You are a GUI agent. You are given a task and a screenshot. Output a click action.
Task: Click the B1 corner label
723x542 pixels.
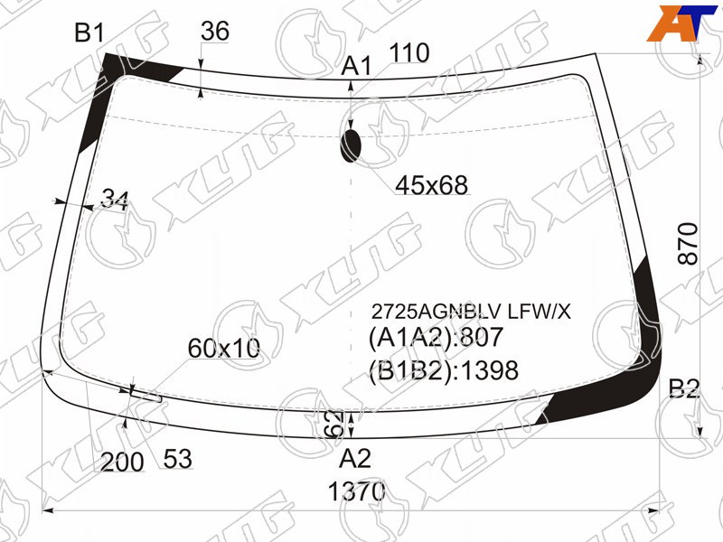[x=89, y=33]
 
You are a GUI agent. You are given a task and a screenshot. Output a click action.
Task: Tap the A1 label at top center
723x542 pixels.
[x=356, y=66]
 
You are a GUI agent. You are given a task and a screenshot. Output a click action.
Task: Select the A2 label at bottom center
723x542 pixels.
[x=354, y=459]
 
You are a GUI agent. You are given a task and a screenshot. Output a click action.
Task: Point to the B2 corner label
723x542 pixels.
[x=684, y=388]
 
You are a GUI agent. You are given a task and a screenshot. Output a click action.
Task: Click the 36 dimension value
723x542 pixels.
[x=215, y=32]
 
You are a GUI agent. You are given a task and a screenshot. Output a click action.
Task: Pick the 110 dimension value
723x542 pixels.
[x=409, y=53]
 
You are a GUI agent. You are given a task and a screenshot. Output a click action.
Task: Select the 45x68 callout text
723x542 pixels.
[x=432, y=185]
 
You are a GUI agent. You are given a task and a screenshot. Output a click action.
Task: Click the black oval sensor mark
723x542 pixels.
[x=352, y=145]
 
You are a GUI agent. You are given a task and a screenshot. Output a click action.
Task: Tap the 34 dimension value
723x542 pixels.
[x=115, y=199]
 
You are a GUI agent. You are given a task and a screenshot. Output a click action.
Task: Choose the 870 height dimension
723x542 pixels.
[x=689, y=243]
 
